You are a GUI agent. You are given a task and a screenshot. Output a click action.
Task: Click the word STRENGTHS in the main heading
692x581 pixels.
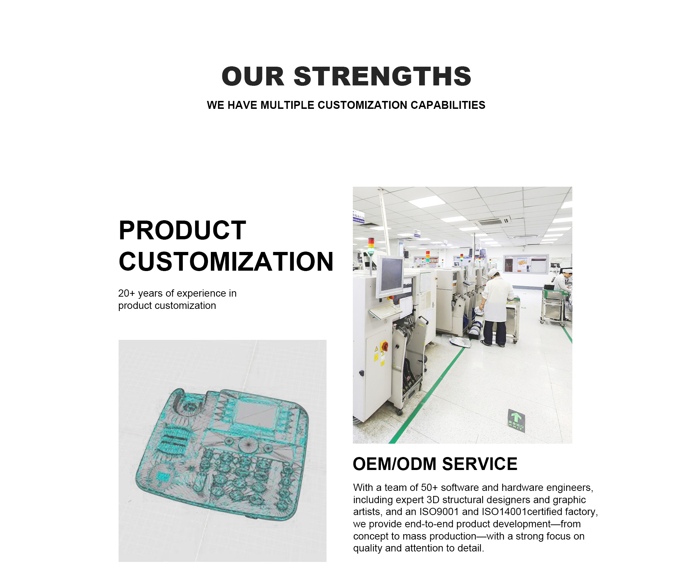382,76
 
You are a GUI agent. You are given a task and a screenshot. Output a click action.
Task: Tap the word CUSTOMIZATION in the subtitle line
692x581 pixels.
363,105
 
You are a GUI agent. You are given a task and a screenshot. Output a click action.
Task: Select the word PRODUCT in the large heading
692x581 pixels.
182,230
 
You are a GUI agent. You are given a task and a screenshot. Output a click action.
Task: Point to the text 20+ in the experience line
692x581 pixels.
127,293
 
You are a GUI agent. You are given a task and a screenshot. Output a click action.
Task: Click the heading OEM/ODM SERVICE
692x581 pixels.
435,464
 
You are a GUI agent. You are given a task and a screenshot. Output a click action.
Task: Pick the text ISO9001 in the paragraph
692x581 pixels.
439,512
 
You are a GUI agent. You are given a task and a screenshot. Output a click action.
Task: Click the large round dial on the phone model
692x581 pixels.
248,445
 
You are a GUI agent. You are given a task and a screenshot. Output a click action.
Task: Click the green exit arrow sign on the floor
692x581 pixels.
516,420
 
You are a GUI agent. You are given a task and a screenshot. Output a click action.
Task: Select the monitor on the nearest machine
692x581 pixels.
390,275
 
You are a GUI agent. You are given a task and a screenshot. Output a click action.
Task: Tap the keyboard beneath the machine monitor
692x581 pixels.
385,311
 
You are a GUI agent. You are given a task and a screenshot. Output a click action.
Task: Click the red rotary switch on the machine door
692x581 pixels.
385,346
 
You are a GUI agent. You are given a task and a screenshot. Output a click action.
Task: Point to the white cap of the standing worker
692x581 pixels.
493,272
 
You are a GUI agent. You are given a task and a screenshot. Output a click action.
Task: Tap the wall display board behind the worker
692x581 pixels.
527,263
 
